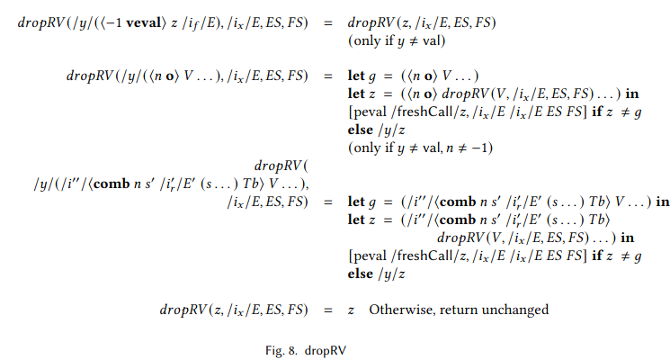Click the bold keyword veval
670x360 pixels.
pyautogui.click(x=143, y=22)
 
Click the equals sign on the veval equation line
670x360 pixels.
pyautogui.click(x=327, y=23)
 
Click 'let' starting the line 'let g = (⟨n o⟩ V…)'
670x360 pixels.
pyautogui.click(x=356, y=76)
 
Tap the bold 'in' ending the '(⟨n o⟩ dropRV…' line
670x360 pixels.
pyautogui.click(x=632, y=94)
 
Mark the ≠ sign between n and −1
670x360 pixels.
pyautogui.click(x=461, y=148)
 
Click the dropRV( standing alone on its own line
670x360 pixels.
pyautogui.click(x=281, y=166)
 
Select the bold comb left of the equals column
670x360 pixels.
pyautogui.click(x=112, y=184)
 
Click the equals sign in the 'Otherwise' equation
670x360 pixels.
pyautogui.click(x=327, y=310)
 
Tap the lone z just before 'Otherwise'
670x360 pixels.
pyautogui.click(x=351, y=310)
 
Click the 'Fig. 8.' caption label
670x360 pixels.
pyautogui.click(x=281, y=351)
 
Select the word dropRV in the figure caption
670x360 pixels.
pyautogui.click(x=326, y=351)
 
